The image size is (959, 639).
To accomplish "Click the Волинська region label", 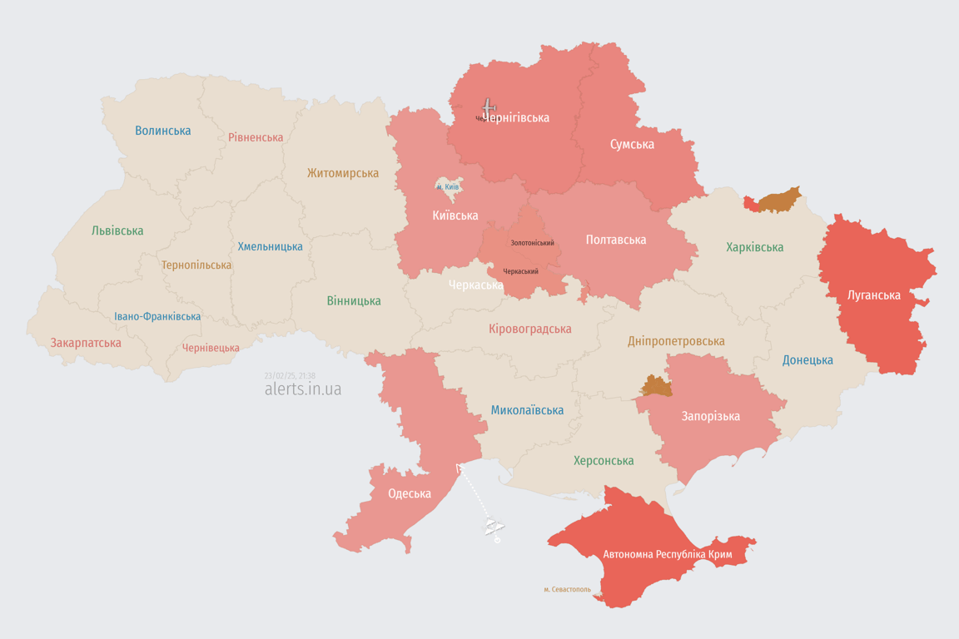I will point(163,131).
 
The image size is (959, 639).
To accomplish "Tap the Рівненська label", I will point(256,137).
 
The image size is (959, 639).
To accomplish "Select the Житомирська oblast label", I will point(342,173).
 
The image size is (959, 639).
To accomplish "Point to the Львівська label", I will point(117,230).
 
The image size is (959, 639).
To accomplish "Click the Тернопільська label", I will point(196,265).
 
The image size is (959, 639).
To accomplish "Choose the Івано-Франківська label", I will point(157,316).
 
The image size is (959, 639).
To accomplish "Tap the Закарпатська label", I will point(86,343).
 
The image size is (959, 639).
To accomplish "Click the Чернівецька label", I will point(211,348).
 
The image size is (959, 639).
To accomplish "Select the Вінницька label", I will point(354,300).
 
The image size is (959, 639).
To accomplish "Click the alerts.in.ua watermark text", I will point(302,389).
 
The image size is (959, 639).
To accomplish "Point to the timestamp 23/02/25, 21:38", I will point(290,376).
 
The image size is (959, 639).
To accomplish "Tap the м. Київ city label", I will point(448,187).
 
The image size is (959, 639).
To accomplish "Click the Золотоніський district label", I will point(532,243).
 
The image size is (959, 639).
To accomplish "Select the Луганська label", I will point(873,295).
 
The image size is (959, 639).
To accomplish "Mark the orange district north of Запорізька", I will point(657,385).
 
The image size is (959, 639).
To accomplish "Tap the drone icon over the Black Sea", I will point(494,526).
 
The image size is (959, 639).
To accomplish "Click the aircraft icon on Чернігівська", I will point(489,107).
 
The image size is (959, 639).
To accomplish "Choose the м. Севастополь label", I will point(567,589).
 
